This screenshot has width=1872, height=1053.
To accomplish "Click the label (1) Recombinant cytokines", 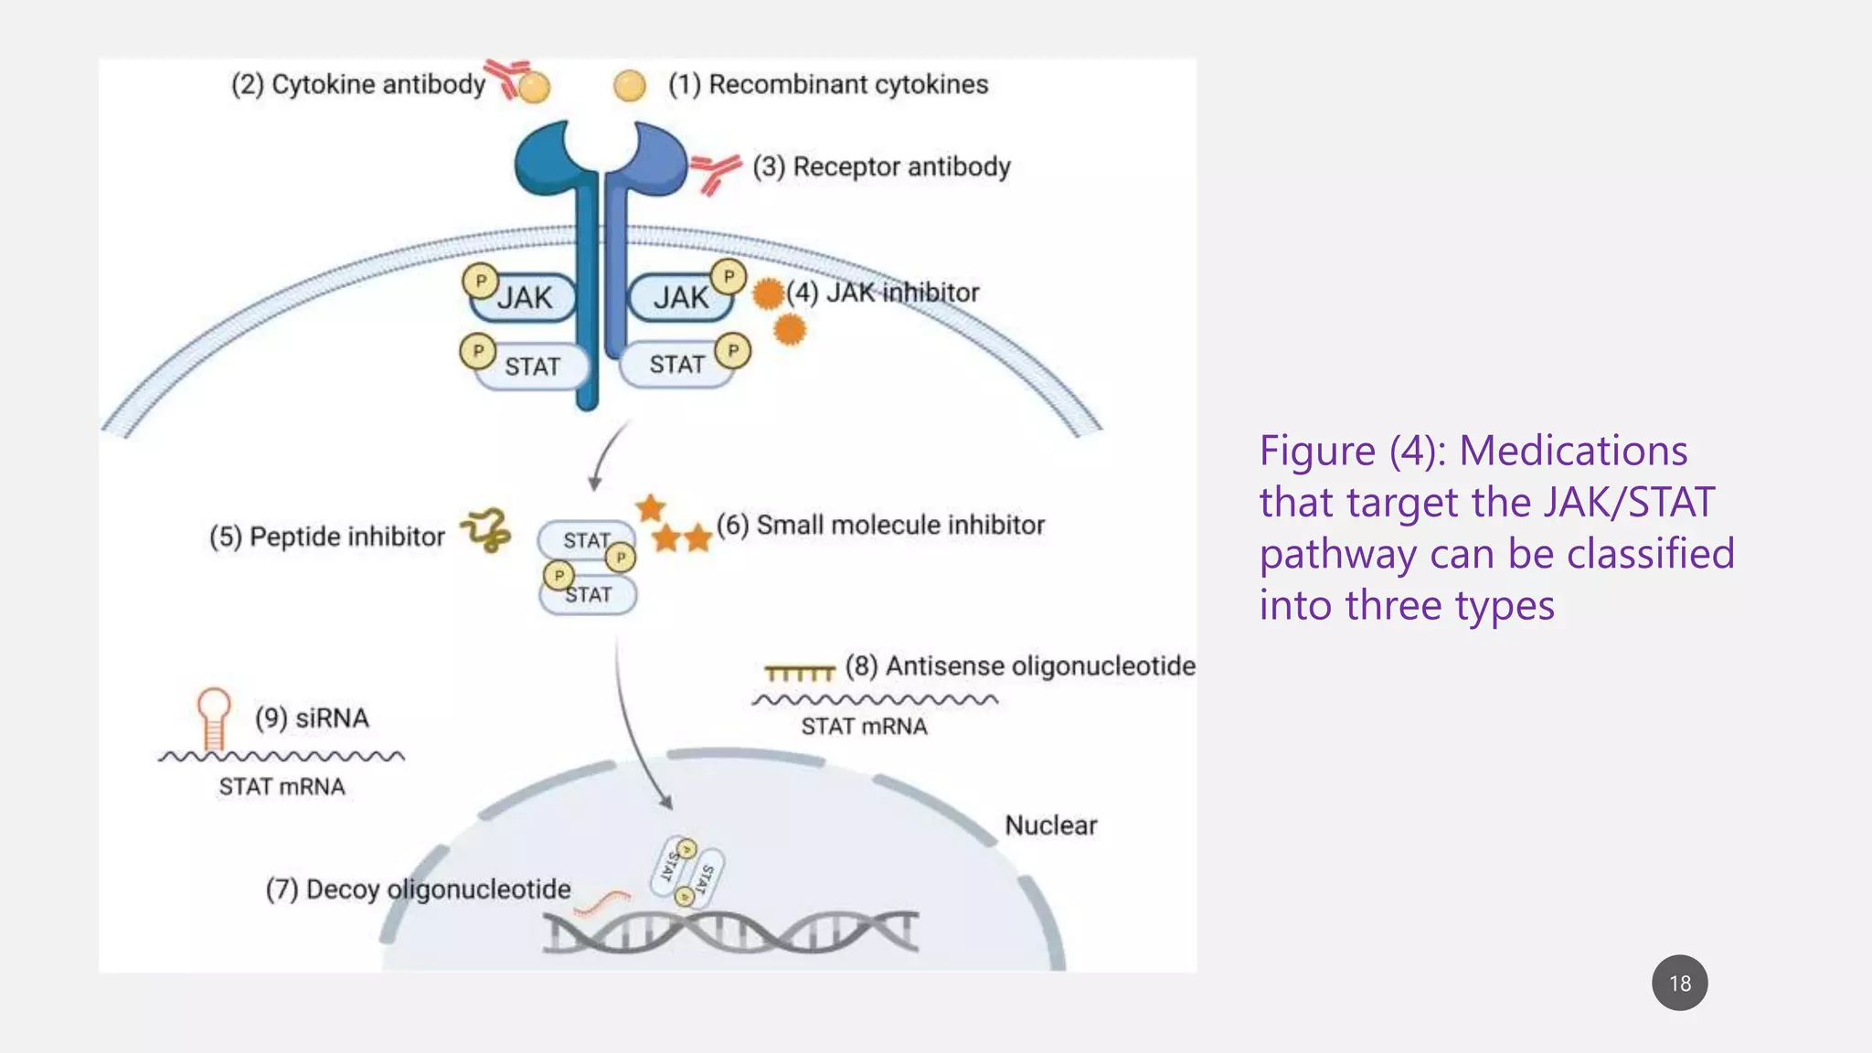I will pyautogui.click(x=828, y=84).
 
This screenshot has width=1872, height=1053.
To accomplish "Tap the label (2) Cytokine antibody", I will pyautogui.click(x=357, y=84).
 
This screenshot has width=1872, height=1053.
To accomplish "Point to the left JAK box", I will pyautogui.click(x=524, y=298).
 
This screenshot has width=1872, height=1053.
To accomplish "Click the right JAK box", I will pyautogui.click(x=680, y=298).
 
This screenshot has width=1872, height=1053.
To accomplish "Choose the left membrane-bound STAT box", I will pyautogui.click(x=532, y=367).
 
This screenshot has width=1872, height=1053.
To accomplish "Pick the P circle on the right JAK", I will pyautogui.click(x=729, y=276).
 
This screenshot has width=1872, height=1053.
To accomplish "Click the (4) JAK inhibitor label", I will pyautogui.click(x=883, y=292).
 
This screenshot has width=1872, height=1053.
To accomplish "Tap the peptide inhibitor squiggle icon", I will pyautogui.click(x=486, y=530).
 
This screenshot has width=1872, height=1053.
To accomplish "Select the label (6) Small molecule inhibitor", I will pyautogui.click(x=880, y=525).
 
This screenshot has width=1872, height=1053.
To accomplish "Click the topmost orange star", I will pyautogui.click(x=651, y=507).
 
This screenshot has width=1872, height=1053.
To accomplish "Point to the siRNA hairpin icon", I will pyautogui.click(x=214, y=718).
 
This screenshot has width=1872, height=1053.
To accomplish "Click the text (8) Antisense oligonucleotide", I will pyautogui.click(x=1020, y=665).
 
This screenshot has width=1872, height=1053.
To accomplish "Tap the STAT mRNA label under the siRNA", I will pyautogui.click(x=282, y=787).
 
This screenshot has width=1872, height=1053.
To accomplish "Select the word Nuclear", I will pyautogui.click(x=1050, y=825).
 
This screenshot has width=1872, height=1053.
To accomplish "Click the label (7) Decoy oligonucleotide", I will pyautogui.click(x=418, y=889).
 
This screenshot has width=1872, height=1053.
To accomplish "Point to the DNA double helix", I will pyautogui.click(x=730, y=932).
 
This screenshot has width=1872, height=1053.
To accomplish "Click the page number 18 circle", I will pyautogui.click(x=1679, y=983).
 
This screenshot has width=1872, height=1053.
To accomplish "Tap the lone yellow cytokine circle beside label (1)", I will pyautogui.click(x=630, y=86).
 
